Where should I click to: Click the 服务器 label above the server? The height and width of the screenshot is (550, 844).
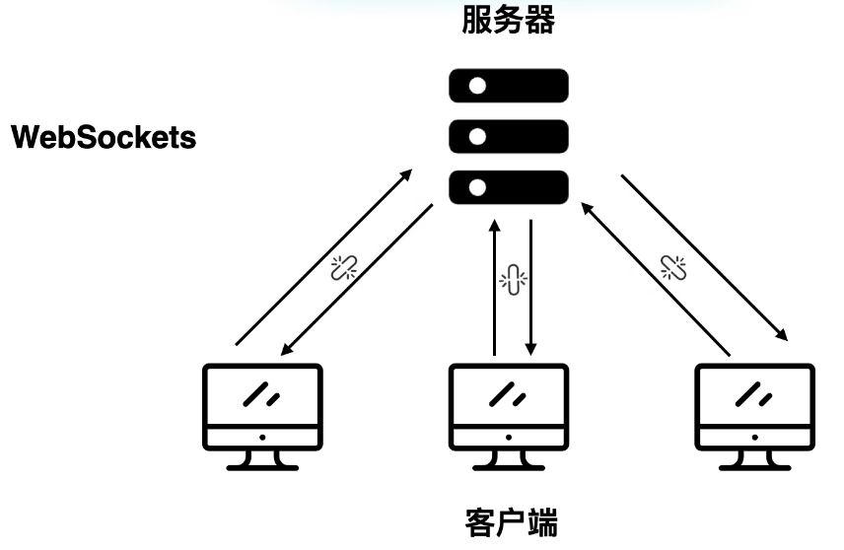(x=509, y=23)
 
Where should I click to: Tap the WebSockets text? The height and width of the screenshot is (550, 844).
(x=103, y=137)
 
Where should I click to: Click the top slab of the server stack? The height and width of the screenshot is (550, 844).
(x=509, y=87)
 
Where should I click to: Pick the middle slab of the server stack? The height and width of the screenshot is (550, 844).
(x=509, y=136)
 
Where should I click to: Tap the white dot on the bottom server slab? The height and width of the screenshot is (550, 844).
(x=478, y=186)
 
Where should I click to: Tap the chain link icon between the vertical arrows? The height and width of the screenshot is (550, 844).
(x=512, y=279)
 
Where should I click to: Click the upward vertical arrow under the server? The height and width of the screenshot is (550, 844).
(x=494, y=286)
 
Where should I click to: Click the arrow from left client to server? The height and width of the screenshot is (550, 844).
(x=322, y=257)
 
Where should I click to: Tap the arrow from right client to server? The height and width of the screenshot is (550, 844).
(x=657, y=279)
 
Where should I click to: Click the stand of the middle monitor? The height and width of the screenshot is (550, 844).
(x=509, y=459)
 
